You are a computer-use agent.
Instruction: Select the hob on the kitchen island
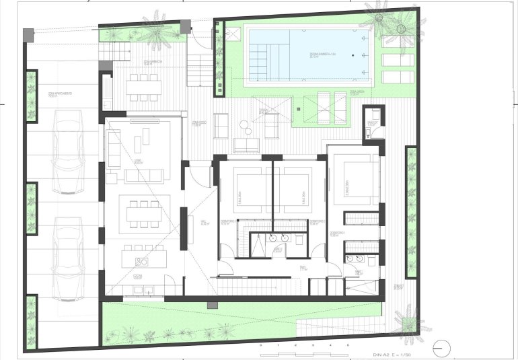click(x=141, y=262)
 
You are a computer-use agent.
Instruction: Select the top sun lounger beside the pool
click(x=397, y=41)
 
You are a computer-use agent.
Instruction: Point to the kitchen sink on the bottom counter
click(x=141, y=290)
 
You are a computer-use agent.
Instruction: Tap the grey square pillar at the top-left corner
click(x=28, y=34)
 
